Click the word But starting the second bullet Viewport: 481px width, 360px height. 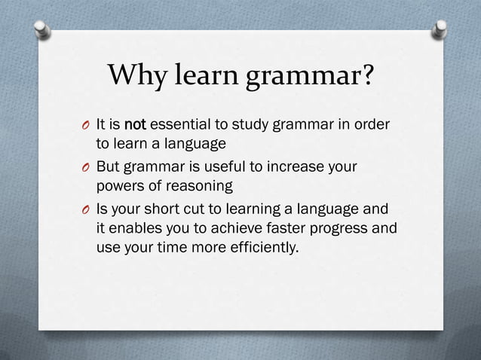tap(109, 166)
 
